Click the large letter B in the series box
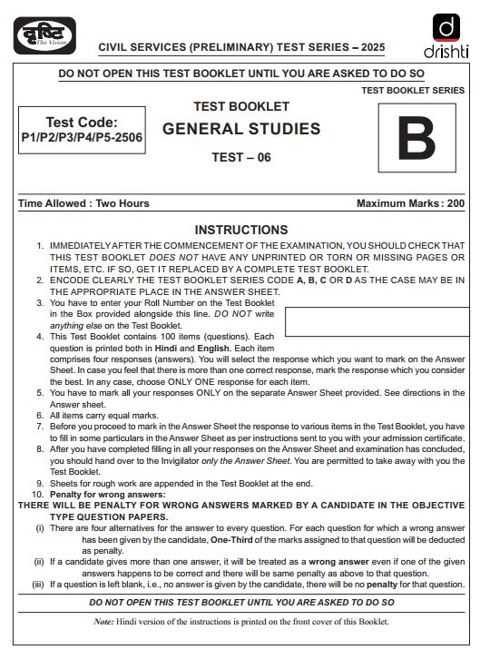(416, 139)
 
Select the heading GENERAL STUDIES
(241, 129)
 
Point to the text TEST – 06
(241, 157)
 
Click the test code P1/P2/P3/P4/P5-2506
(82, 139)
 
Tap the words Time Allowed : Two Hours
(83, 203)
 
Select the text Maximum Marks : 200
(410, 203)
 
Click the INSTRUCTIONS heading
(241, 230)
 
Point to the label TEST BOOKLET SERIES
(413, 91)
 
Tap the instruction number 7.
(40, 426)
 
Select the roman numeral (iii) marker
(38, 585)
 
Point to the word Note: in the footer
(104, 622)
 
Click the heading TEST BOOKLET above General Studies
(241, 107)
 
